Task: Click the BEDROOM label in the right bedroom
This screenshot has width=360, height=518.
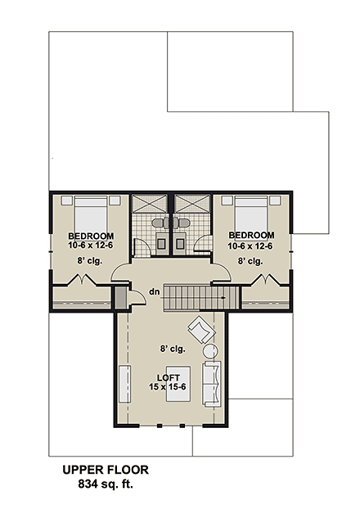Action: click(x=250, y=236)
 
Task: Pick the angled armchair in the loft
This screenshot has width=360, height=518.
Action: click(x=200, y=330)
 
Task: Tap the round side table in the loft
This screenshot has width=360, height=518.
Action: click(x=209, y=352)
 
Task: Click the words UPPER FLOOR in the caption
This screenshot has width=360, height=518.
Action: click(x=106, y=471)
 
